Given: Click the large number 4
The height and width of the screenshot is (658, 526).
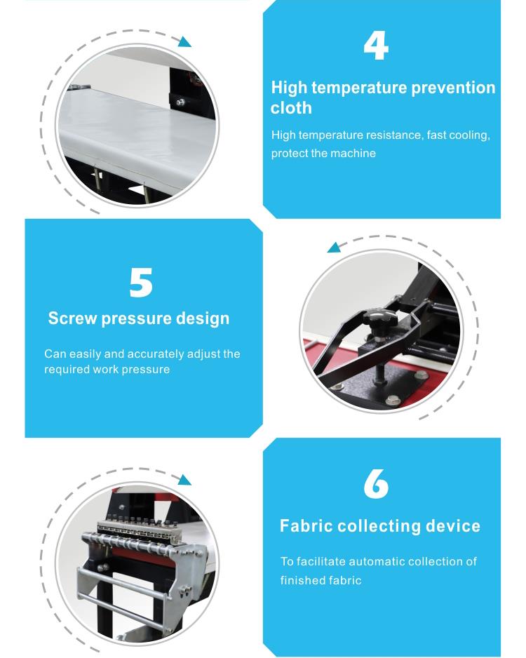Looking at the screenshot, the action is pyautogui.click(x=376, y=46).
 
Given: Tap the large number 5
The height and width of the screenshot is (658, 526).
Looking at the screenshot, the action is pyautogui.click(x=141, y=283).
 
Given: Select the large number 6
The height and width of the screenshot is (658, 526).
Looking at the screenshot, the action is pyautogui.click(x=376, y=484).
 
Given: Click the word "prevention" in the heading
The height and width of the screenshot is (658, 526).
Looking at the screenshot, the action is pyautogui.click(x=453, y=88).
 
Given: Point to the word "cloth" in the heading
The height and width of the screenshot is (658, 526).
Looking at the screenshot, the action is pyautogui.click(x=291, y=108).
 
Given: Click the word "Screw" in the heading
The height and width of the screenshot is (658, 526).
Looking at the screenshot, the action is pyautogui.click(x=72, y=318).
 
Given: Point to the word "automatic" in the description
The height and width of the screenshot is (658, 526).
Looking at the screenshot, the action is pyautogui.click(x=377, y=561).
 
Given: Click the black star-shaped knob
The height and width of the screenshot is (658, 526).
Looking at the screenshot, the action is pyautogui.click(x=380, y=320).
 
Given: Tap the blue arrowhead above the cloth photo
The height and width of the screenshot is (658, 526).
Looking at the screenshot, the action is pyautogui.click(x=184, y=41).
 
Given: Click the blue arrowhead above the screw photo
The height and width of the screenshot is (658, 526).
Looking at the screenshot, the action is pyautogui.click(x=335, y=247).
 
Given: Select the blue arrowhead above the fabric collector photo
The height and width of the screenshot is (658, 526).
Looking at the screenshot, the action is pyautogui.click(x=184, y=480).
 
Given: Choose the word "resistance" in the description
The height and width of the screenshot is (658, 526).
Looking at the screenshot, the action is pyautogui.click(x=393, y=135).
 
